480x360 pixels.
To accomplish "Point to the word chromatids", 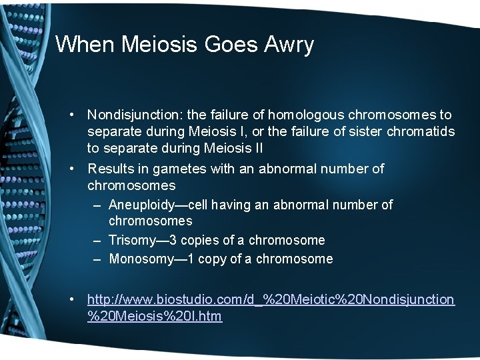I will coord(421,131).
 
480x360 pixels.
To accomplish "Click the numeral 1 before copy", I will coord(192,259).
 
